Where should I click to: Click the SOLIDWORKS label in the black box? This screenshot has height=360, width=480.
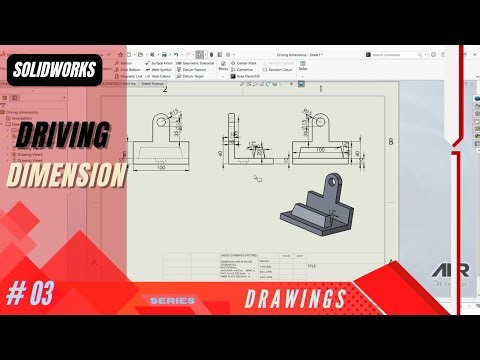54,70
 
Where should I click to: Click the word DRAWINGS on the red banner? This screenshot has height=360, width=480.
295,298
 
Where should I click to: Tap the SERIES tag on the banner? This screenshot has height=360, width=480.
172,300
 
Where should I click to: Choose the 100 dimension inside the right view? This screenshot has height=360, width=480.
319,149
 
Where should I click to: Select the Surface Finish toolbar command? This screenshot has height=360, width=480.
162,62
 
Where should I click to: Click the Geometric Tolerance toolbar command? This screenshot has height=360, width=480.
201,62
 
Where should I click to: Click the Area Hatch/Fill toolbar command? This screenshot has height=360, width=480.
275,75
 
